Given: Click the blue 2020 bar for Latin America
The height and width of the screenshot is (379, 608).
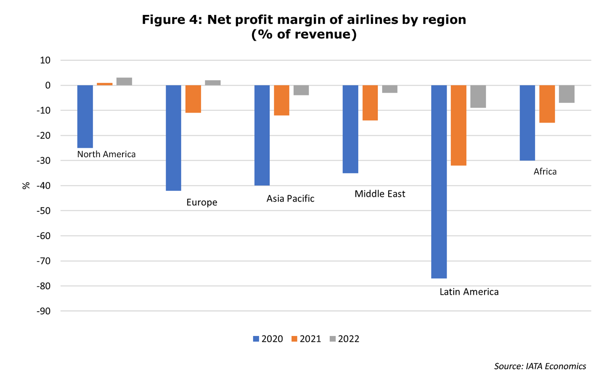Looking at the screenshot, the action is (x=439, y=182).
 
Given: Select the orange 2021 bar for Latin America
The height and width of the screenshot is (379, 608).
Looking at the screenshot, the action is (x=458, y=125).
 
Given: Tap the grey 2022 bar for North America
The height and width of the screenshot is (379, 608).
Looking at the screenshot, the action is (x=124, y=81).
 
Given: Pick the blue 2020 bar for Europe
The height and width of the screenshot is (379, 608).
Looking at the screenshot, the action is (x=174, y=138).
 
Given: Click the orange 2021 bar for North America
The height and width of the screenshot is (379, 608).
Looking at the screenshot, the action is (x=105, y=84).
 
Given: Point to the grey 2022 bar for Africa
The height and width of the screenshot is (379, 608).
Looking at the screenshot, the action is (x=567, y=94).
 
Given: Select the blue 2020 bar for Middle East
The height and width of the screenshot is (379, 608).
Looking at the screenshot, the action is (x=350, y=129).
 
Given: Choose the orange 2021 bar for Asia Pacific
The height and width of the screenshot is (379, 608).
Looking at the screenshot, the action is (x=282, y=101).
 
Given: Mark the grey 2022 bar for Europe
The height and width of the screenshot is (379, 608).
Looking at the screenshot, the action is (x=213, y=83).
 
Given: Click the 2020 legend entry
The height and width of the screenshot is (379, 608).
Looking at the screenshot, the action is (x=268, y=339).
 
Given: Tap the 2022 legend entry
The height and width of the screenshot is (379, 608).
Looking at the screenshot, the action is (x=344, y=339).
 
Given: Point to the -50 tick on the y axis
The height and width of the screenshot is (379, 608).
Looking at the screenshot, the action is (x=43, y=211).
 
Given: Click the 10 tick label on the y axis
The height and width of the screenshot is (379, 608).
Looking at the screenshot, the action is (x=45, y=60).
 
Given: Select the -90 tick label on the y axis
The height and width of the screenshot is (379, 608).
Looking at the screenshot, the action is (x=43, y=311).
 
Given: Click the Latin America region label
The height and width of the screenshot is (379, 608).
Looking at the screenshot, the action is (x=469, y=292).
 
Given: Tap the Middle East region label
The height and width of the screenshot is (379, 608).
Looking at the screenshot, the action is (x=380, y=194).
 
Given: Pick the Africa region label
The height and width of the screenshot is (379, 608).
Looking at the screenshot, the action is (x=545, y=172).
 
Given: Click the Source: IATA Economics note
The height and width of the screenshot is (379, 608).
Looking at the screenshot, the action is (x=540, y=366).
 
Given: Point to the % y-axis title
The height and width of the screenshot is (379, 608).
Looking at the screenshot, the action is (x=26, y=185).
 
